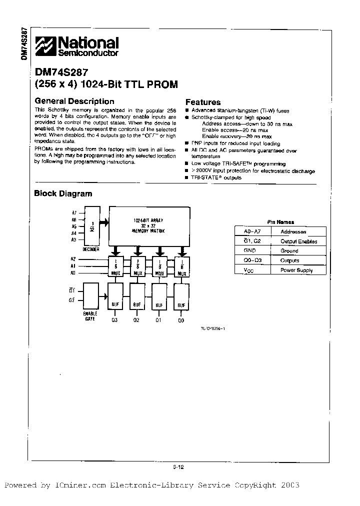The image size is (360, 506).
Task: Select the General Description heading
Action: tap(74, 101)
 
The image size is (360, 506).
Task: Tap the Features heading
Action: tap(203, 102)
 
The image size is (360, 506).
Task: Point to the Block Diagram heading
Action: tap(63, 193)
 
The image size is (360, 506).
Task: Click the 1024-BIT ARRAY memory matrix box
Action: tap(149, 225)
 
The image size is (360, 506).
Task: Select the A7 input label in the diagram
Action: tap(73, 213)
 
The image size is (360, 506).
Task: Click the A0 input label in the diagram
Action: tap(73, 273)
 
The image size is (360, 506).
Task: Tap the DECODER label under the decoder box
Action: tap(91, 249)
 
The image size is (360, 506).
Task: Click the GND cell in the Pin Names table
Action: tap(249, 250)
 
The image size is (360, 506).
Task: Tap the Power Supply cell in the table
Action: tap(296, 270)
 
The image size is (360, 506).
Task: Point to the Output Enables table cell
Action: tap(298, 241)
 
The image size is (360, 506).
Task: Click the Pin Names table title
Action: tap(280, 222)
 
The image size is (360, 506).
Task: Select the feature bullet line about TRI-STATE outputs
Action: tap(216, 177)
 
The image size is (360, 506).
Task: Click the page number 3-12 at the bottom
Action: tap(178, 467)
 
